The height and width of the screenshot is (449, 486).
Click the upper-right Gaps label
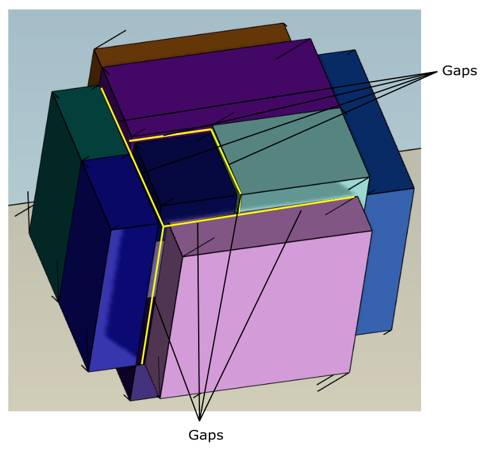pyautogui.click(x=459, y=71)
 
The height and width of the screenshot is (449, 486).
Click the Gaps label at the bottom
pyautogui.click(x=206, y=435)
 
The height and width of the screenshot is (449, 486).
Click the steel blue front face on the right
pyautogui.click(x=382, y=261)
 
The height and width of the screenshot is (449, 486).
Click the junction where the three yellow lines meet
pyautogui.click(x=163, y=225)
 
